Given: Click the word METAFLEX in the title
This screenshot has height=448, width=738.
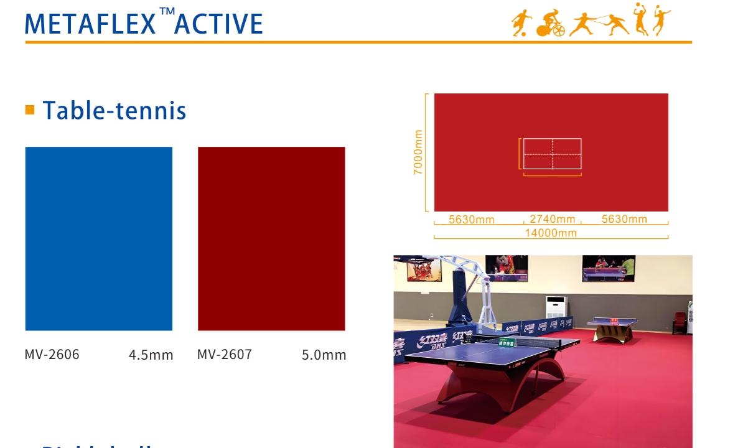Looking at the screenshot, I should [x=90, y=24].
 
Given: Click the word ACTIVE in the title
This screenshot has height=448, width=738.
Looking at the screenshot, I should [x=219, y=24].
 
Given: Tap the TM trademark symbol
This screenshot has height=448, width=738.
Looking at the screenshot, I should [x=166, y=12].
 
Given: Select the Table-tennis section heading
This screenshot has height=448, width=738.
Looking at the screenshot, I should [x=114, y=111].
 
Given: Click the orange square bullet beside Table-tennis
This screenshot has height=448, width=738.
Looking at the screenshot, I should [x=30, y=110].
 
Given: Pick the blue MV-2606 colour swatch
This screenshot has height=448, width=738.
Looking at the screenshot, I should [x=98, y=238].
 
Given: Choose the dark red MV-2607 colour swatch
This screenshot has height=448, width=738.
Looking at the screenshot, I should [x=271, y=238].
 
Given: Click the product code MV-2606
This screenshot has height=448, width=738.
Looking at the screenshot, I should [x=52, y=355].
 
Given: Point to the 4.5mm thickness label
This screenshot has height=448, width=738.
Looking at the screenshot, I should [x=151, y=355].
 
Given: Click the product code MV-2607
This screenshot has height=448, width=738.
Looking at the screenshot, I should [x=225, y=355].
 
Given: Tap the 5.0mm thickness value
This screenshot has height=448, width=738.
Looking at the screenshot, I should [x=324, y=355].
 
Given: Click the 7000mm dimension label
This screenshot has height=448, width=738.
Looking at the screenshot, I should [x=418, y=152].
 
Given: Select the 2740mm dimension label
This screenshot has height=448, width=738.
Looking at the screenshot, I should [x=552, y=219].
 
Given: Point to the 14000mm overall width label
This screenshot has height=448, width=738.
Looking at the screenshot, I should [x=551, y=233].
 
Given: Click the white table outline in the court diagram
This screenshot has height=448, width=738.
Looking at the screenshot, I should [x=552, y=154].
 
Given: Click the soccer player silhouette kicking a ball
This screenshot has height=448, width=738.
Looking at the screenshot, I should [x=520, y=23].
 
